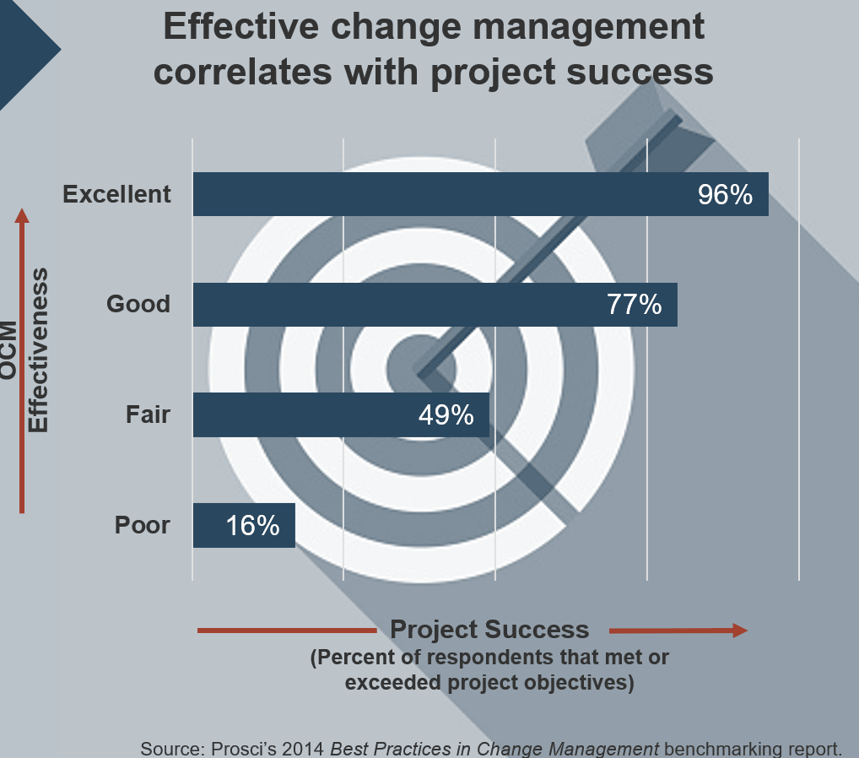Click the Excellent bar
click(x=439, y=194)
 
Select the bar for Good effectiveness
click(x=397, y=305)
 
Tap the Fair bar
click(x=304, y=415)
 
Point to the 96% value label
click(x=725, y=195)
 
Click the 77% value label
click(x=635, y=305)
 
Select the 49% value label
click(x=446, y=415)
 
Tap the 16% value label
click(x=252, y=526)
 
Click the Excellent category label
click(x=117, y=194)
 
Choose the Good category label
click(x=138, y=304)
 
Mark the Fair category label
click(x=148, y=414)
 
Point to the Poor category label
click(x=143, y=525)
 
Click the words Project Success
click(x=489, y=630)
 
